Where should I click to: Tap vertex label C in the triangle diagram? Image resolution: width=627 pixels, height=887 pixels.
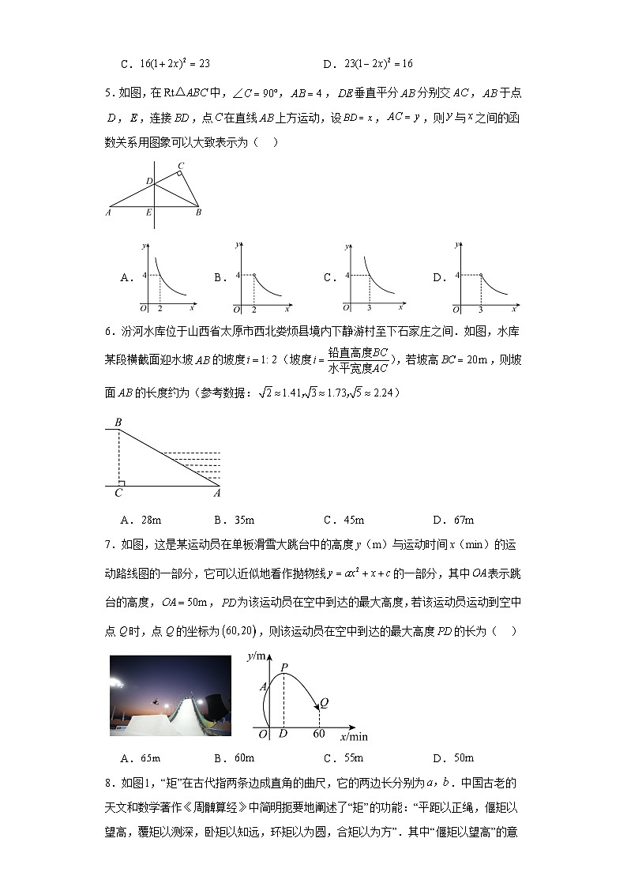[x=181, y=166]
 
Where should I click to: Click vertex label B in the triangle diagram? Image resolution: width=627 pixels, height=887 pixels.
[x=198, y=212]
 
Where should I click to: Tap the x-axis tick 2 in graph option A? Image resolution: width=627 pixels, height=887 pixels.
[x=160, y=308]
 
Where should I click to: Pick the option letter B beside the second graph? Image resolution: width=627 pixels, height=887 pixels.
[x=220, y=278]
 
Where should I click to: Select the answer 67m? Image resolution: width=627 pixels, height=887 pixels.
[x=462, y=520]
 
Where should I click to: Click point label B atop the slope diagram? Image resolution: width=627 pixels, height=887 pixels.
[x=118, y=423]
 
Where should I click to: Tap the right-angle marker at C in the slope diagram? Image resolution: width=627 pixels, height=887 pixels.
[x=121, y=483]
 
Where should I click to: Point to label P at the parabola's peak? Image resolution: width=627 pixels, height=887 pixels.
[x=283, y=666]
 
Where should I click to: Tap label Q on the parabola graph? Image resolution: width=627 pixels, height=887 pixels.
[x=324, y=701]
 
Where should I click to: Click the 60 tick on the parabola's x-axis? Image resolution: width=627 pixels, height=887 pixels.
[x=319, y=734]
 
